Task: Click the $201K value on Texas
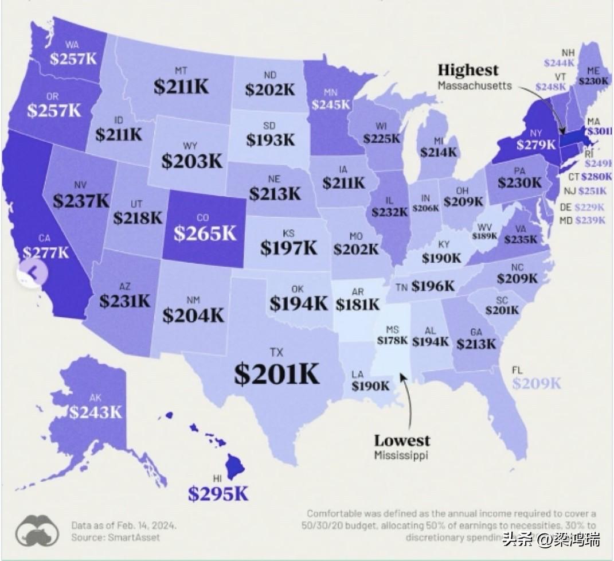pos(276,374)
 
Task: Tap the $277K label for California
pos(46,252)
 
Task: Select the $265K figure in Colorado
pos(205,233)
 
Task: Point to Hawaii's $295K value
pos(218,494)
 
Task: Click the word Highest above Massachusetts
pos(468,71)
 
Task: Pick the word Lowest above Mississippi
pos(402,441)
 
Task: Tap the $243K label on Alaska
pos(96,411)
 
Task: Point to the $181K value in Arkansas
pos(358,303)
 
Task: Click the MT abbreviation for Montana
pos(181,71)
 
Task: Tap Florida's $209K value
pos(537,384)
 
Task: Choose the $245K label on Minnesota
pos(331,104)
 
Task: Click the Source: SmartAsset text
pos(116,537)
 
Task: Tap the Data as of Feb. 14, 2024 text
pos(124,525)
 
